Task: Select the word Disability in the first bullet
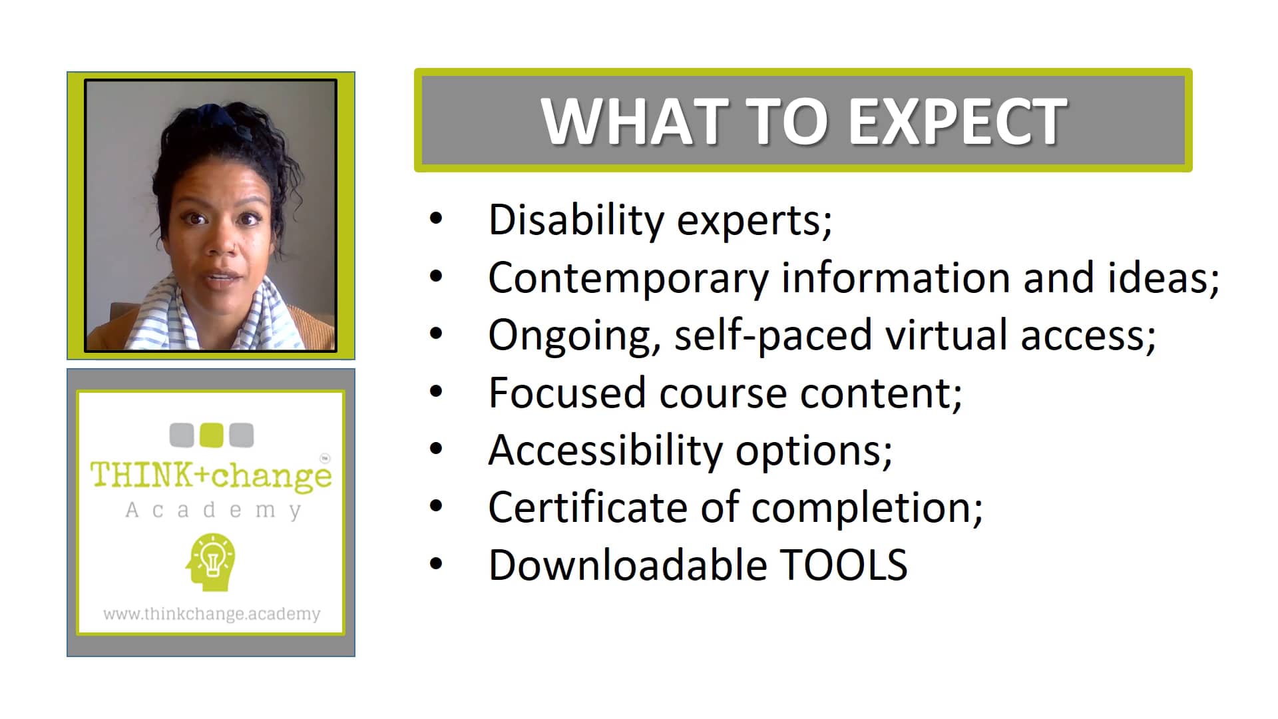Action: [576, 220]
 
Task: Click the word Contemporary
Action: [628, 278]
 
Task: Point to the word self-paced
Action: [773, 336]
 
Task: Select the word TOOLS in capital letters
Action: [843, 565]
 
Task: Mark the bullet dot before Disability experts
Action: [436, 218]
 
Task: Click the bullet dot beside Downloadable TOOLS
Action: [436, 564]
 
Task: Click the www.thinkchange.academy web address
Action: [212, 614]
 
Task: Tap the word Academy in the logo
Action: [213, 511]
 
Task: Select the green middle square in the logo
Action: [212, 435]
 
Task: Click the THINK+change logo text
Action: [211, 475]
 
